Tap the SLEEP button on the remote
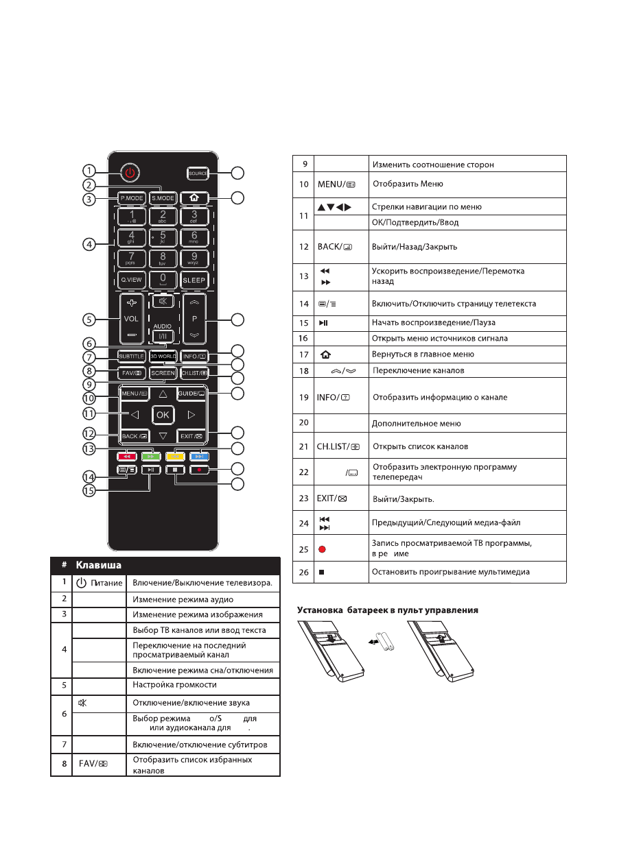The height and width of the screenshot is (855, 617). click(x=194, y=280)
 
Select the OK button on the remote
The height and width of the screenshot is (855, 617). click(x=163, y=414)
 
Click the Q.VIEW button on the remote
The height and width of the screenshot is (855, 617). click(x=131, y=280)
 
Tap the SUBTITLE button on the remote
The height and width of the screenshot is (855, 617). click(x=131, y=357)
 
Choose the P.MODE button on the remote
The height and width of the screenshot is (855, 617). click(x=131, y=198)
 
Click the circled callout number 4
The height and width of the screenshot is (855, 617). click(x=89, y=245)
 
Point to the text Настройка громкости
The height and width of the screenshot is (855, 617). click(x=174, y=684)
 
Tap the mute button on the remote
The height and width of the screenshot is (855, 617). click(x=163, y=300)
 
